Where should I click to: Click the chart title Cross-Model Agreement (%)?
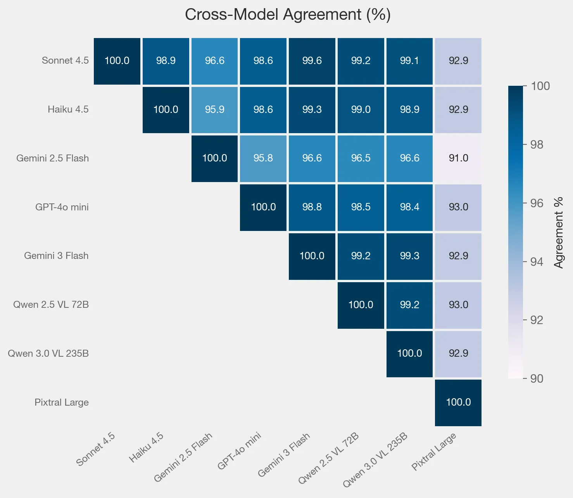(x=288, y=15)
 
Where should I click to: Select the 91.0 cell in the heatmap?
(x=458, y=158)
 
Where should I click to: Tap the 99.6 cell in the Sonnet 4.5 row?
(x=312, y=61)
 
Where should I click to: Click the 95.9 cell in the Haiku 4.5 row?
(x=214, y=110)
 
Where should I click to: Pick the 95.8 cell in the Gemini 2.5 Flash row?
(x=263, y=158)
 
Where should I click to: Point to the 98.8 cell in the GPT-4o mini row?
(x=312, y=207)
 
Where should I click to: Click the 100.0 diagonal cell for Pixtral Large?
(x=458, y=403)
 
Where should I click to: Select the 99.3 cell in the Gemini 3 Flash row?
(x=409, y=256)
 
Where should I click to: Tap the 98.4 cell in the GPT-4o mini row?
(x=409, y=207)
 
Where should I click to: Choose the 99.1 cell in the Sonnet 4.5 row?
(x=409, y=61)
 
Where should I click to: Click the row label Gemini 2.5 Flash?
(x=52, y=158)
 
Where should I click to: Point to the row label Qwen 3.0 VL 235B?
(x=48, y=354)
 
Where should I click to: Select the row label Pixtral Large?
(x=61, y=403)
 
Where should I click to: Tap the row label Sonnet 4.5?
(x=65, y=61)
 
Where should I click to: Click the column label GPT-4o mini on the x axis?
(x=240, y=451)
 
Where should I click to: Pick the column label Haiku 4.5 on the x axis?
(x=147, y=448)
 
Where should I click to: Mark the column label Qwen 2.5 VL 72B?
(x=329, y=458)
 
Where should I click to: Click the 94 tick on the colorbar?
(x=537, y=262)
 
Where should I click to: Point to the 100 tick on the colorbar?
(x=540, y=86)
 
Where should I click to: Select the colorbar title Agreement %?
(x=558, y=233)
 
